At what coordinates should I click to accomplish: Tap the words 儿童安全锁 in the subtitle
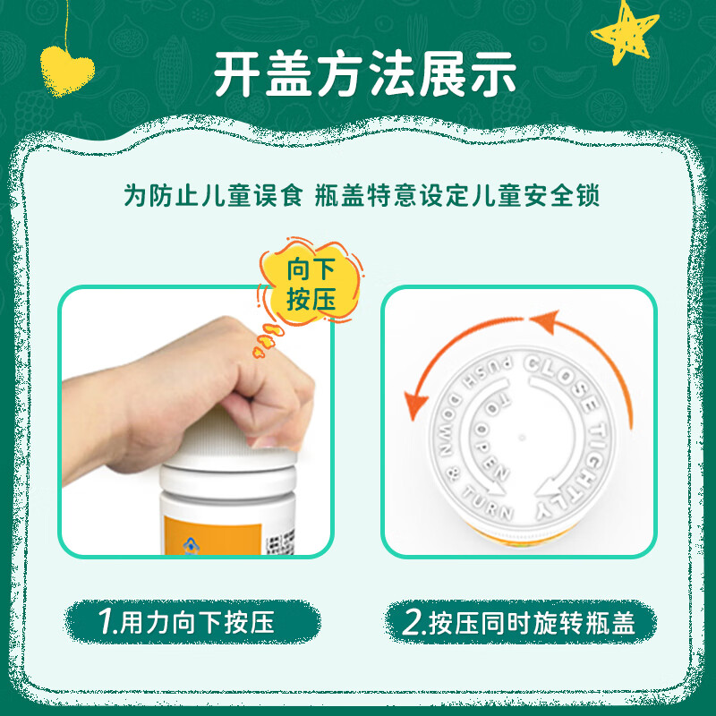(x=550, y=196)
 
